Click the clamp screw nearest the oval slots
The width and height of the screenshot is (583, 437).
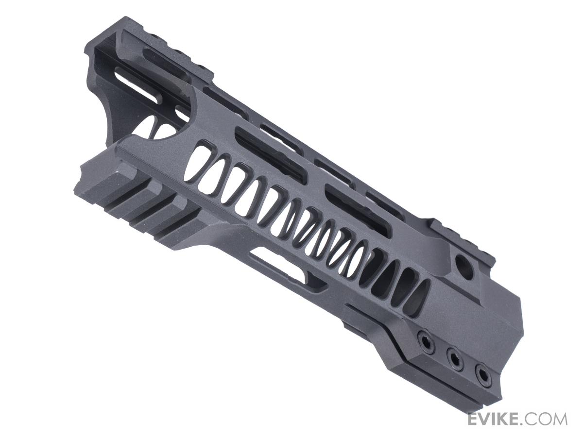424,337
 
